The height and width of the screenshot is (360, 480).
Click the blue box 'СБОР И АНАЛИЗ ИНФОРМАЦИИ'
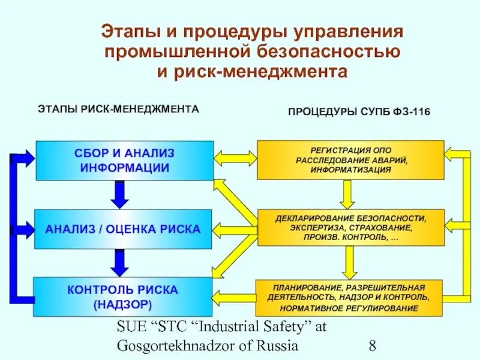click(x=125, y=160)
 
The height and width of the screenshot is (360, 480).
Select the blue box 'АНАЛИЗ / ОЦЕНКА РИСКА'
click(x=123, y=229)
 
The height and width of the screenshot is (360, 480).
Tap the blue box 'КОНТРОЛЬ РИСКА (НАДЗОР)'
click(x=123, y=297)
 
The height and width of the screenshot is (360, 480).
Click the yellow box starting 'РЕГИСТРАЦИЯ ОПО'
click(x=351, y=160)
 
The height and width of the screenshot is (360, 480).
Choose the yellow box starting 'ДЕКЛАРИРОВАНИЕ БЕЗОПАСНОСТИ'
click(x=351, y=227)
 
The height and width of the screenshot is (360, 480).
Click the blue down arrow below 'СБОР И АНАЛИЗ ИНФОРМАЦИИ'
click(x=121, y=194)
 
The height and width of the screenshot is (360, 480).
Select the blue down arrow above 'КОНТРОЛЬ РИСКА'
click(x=121, y=263)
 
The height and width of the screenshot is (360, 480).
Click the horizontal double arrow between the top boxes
click(x=235, y=158)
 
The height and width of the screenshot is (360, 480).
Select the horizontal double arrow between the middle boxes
click(x=235, y=229)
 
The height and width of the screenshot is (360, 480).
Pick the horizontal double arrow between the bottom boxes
click(x=235, y=296)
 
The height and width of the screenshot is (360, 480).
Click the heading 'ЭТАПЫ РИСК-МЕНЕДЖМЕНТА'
click(x=118, y=110)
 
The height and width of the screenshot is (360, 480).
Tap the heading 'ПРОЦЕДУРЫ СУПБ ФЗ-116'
click(x=359, y=112)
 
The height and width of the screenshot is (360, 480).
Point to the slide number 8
click(x=373, y=346)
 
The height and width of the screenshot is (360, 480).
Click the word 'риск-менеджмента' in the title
click(x=262, y=72)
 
